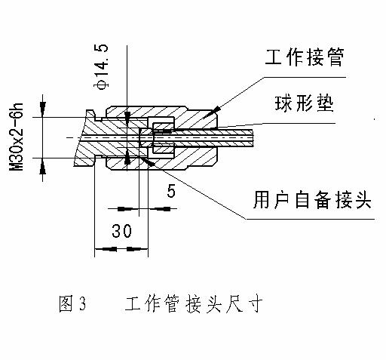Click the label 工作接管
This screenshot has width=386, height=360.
pos(305,57)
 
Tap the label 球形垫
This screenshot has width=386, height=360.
pos(304,103)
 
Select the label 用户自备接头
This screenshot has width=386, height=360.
pos(312,200)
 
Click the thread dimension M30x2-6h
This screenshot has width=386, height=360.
pos(17,137)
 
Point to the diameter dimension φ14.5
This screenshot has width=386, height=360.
pos(101,66)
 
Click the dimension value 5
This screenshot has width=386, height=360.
pos(171,191)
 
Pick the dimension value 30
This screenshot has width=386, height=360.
pos(121,231)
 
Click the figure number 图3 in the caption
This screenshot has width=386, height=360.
pos(72,303)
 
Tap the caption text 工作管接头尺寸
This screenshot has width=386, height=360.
pos(194,303)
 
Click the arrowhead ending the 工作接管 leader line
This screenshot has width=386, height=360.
pos(216,109)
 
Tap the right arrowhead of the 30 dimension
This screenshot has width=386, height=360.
pos(133,249)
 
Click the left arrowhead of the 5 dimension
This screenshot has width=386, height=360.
pos(125,209)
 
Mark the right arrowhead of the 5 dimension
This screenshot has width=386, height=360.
pos(162,209)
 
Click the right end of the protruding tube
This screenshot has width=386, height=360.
pos(253,138)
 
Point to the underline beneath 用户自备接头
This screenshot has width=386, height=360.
pos(310,219)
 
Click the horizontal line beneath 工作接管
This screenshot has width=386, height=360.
pos(305,77)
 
